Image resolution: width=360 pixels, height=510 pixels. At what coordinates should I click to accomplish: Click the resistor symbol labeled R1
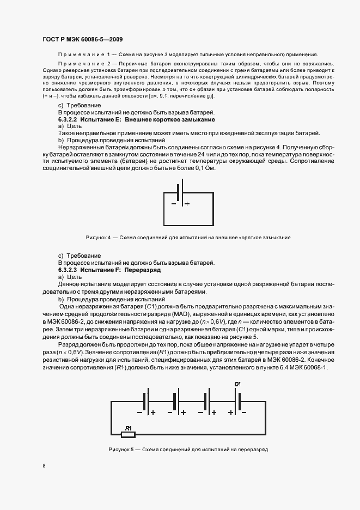127,434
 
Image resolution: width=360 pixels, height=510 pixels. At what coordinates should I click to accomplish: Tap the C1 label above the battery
237,385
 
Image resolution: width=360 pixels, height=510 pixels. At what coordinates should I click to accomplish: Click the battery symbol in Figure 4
179,195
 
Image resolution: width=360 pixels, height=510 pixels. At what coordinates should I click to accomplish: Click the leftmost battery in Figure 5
145,402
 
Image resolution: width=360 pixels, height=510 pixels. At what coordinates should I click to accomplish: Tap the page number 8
44,466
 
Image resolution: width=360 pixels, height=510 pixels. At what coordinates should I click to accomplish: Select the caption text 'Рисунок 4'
98,238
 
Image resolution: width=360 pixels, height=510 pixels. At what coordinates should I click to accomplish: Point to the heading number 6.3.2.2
69,119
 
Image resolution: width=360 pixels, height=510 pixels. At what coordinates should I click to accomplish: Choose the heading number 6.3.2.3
69,270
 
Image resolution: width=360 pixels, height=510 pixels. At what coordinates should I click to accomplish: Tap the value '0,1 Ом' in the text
205,168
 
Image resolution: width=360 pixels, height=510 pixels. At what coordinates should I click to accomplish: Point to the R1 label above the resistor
129,428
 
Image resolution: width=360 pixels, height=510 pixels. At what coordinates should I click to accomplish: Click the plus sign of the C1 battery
231,412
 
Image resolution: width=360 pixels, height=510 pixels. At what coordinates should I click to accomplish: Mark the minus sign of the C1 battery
243,412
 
